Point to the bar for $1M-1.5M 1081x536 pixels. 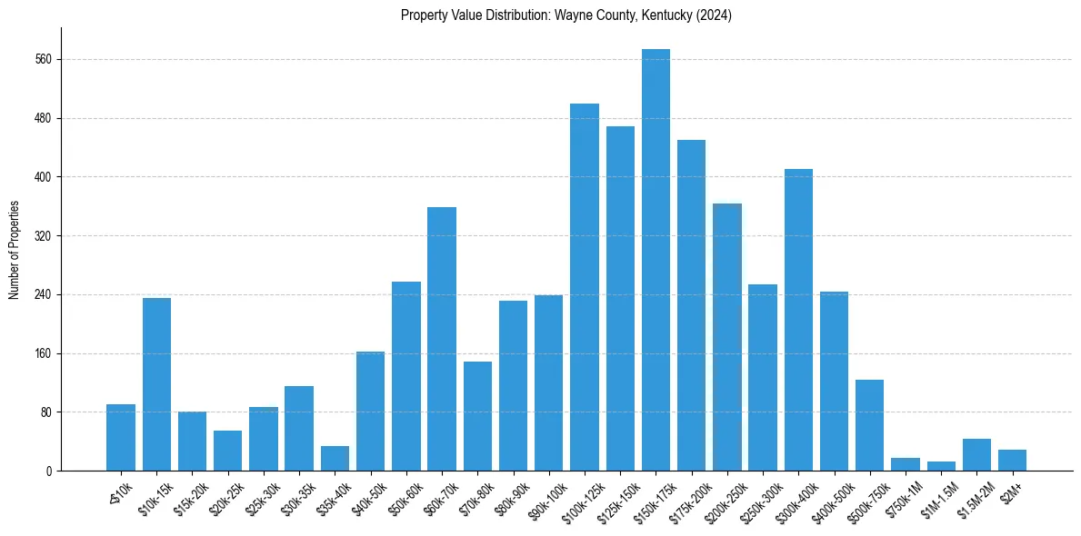tap(941, 466)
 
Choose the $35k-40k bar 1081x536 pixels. tap(335, 459)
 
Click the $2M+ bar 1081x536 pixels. tap(1012, 461)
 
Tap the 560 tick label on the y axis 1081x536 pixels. tap(43, 60)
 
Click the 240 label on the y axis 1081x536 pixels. tap(43, 295)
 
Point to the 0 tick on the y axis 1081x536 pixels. tap(49, 471)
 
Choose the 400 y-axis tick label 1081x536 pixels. tap(43, 177)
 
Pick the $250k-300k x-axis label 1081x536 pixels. tap(761, 496)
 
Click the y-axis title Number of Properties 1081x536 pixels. tap(14, 250)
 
